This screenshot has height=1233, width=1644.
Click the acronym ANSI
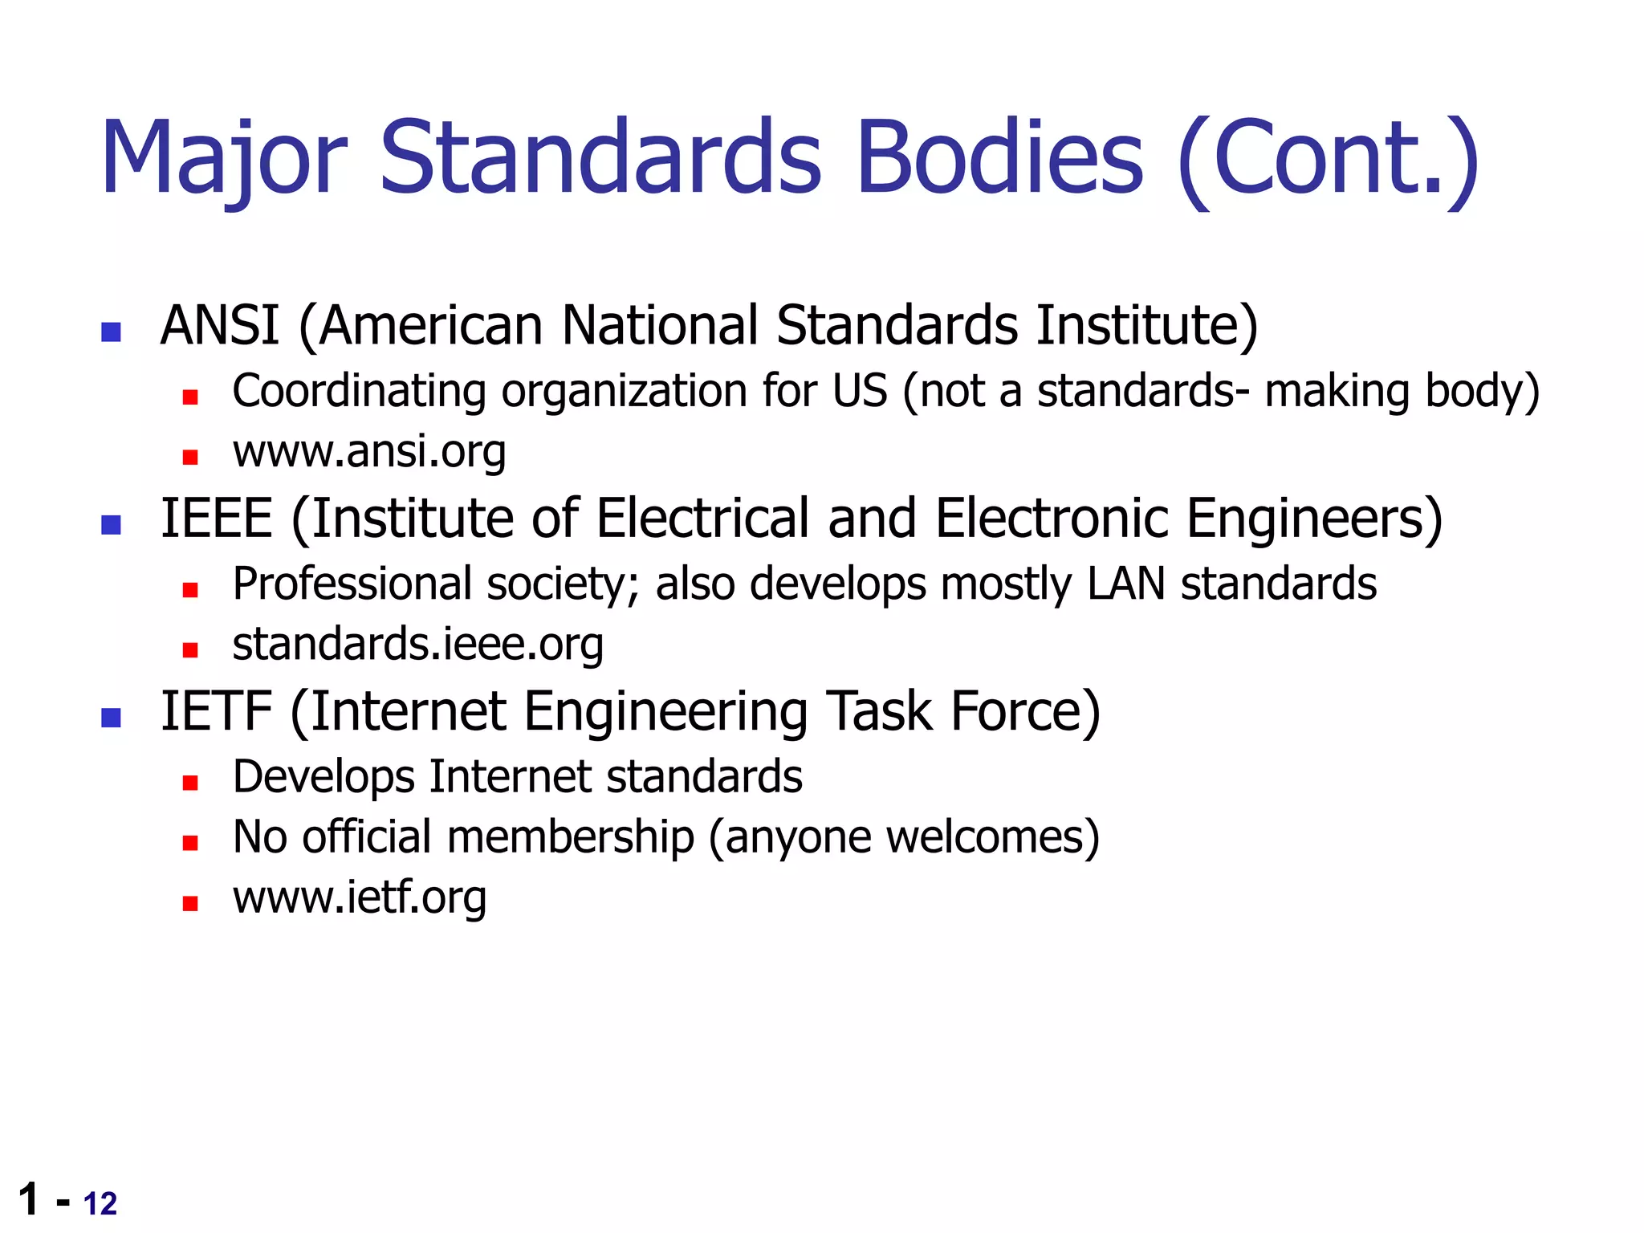219,326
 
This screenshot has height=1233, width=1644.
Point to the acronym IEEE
217,519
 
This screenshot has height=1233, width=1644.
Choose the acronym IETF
216,712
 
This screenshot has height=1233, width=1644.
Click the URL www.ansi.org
369,452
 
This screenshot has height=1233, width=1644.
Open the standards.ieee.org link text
417,645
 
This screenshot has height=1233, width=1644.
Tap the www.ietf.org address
359,897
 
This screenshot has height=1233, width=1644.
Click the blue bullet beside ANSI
111,332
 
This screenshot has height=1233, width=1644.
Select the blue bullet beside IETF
111,718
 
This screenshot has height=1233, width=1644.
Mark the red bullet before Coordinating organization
190,397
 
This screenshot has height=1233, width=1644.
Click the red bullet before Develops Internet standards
190,783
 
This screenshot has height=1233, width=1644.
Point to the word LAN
1125,584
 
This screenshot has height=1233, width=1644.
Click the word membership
570,837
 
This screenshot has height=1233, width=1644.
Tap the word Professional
352,584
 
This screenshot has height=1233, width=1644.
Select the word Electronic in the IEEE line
1052,519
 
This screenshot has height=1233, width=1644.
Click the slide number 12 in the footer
100,1204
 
